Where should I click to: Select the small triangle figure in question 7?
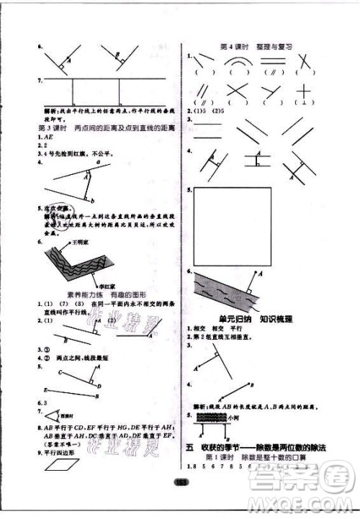(50, 417)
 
